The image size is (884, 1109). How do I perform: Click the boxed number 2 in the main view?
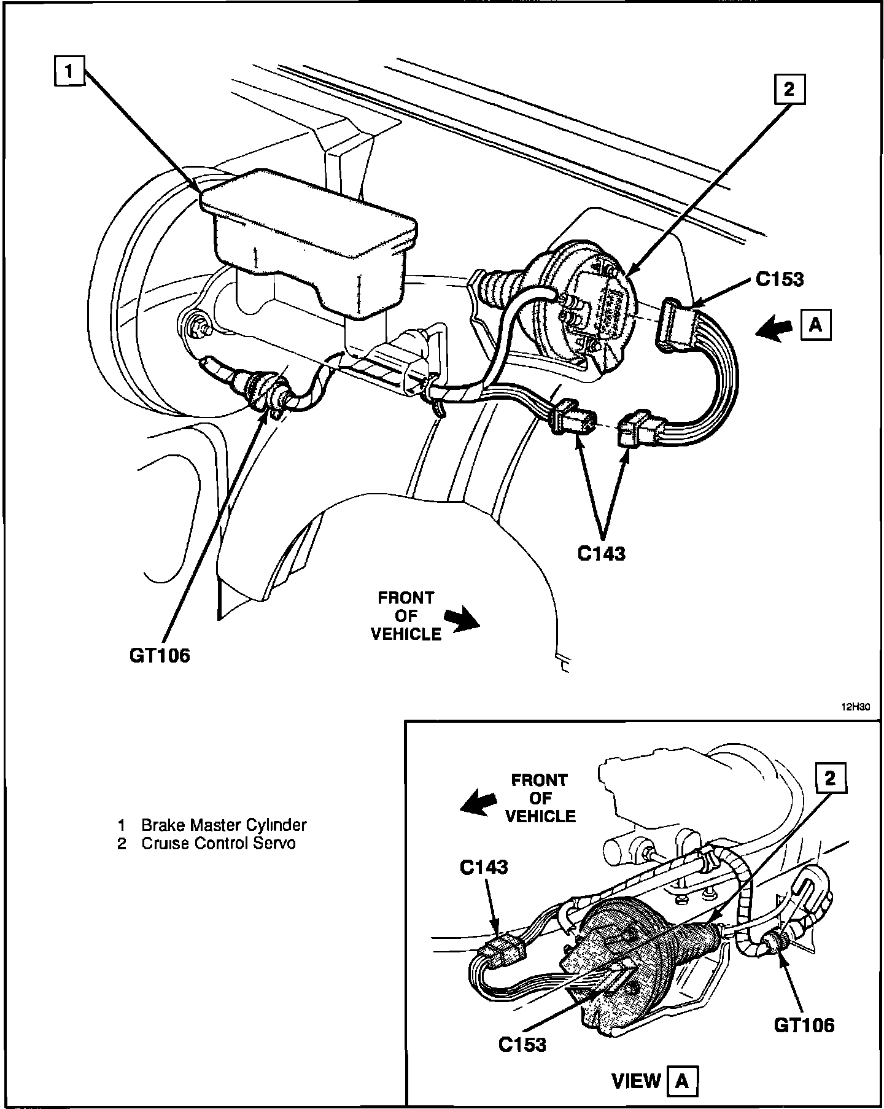pyautogui.click(x=789, y=90)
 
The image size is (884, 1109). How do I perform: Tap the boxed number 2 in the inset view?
pyautogui.click(x=830, y=779)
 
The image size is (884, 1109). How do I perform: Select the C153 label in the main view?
pyautogui.click(x=779, y=279)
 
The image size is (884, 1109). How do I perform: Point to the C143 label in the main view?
pyautogui.click(x=601, y=553)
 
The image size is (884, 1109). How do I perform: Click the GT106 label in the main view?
pyautogui.click(x=160, y=655)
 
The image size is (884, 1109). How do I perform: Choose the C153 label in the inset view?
pyautogui.click(x=522, y=1043)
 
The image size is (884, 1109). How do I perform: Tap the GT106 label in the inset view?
pyautogui.click(x=804, y=1024)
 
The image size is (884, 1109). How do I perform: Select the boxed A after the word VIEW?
pyautogui.click(x=682, y=1081)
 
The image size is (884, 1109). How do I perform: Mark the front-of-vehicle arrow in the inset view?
pyautogui.click(x=479, y=801)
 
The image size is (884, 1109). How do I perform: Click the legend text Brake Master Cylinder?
pyautogui.click(x=223, y=825)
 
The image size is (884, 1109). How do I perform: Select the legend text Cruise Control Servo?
pyautogui.click(x=218, y=843)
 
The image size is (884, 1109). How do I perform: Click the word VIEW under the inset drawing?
pyautogui.click(x=636, y=1081)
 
